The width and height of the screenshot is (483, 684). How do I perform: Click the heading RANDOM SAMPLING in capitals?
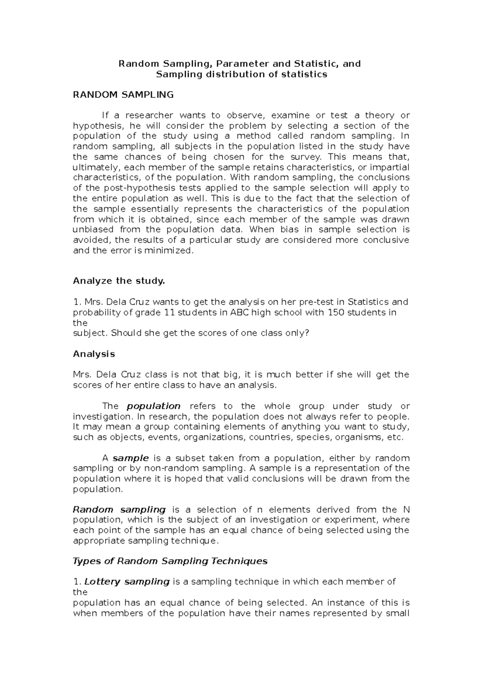(x=123, y=95)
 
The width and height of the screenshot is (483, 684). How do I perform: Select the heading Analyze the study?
(x=119, y=281)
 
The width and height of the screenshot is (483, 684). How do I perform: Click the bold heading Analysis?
(x=94, y=354)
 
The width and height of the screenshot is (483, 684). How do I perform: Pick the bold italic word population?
(x=153, y=406)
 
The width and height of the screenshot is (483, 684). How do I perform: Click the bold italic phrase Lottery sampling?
(x=127, y=582)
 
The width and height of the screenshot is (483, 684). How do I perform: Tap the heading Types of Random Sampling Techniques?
(x=170, y=561)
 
